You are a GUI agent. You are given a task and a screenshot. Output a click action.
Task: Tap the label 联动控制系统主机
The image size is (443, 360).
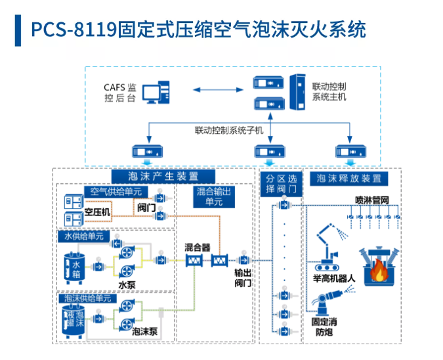pos(329,91)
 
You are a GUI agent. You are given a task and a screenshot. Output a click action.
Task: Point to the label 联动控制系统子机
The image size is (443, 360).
pos(228,130)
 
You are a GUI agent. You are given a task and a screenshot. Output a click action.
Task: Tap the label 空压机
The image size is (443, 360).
pos(96,212)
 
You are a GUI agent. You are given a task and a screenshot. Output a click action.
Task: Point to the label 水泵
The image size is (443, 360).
pos(127,285)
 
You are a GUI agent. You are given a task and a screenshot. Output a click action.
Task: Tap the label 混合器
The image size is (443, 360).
pos(197,248)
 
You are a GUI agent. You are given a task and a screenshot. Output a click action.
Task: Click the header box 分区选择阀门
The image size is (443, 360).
pos(282,184)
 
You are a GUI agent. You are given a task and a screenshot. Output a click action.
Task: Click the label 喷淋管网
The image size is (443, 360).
pos(372,200)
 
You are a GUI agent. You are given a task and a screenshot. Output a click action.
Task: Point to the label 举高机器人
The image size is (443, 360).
pos(335,278)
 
